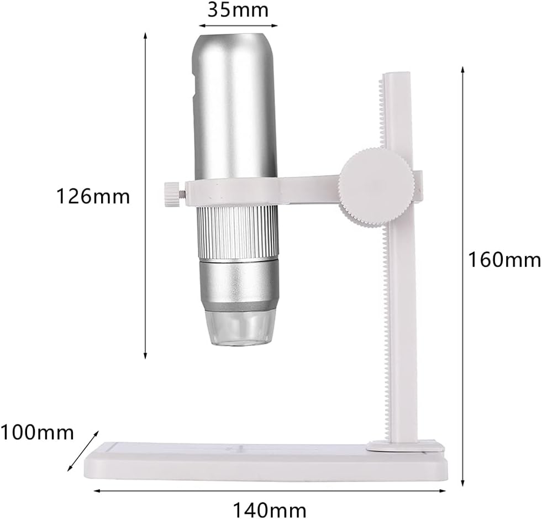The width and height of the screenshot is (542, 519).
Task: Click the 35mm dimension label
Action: (238, 9)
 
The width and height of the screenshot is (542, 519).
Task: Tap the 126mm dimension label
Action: (93, 196)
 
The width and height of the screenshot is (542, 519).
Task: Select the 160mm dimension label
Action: (504, 259)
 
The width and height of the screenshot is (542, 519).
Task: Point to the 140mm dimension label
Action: (270, 508)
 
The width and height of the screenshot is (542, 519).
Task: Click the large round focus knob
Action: (376, 188)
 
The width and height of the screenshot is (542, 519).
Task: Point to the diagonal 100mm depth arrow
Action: (82, 452)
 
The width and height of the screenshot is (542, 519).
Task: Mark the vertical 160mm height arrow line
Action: (462, 276)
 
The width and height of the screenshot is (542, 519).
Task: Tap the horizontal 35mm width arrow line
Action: (238, 25)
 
